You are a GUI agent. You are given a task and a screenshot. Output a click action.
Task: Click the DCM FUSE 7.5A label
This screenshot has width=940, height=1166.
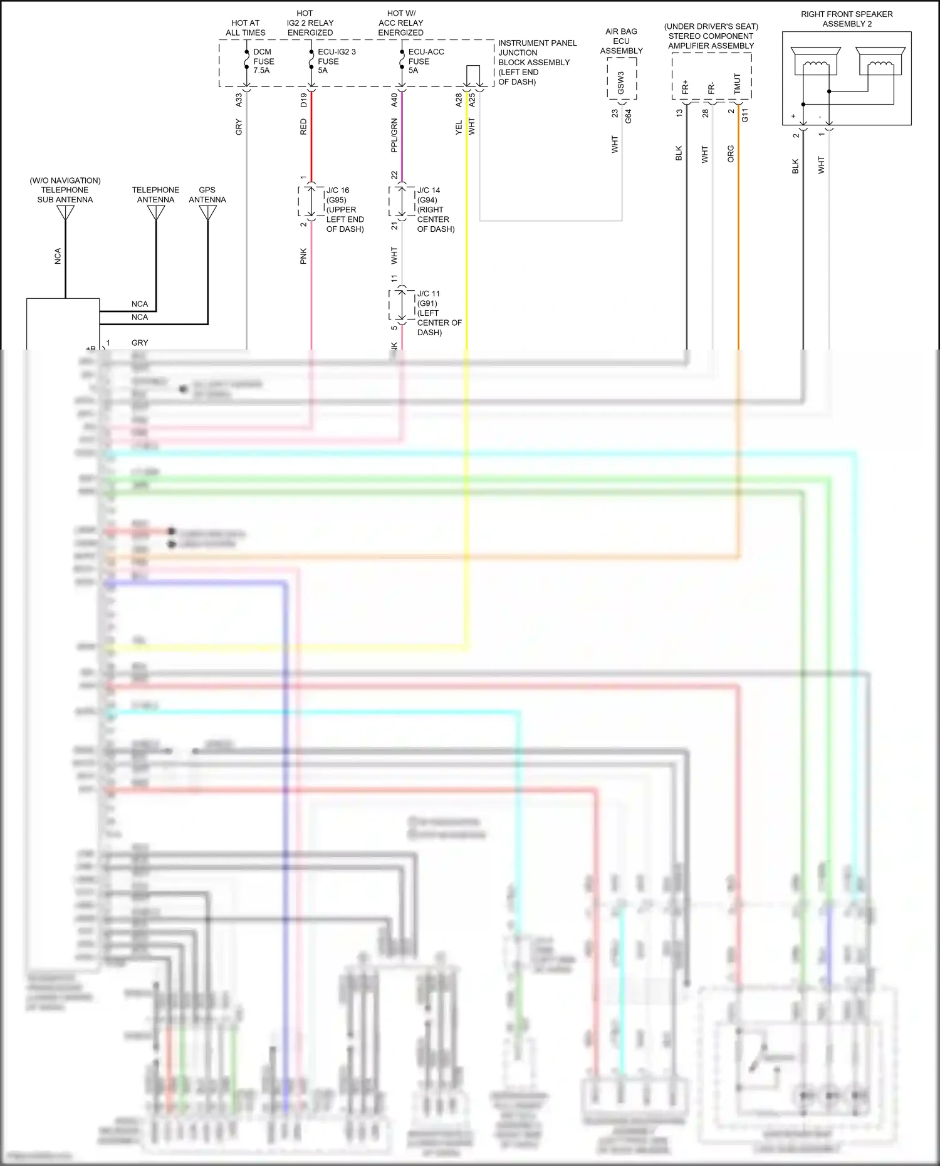pyautogui.click(x=263, y=61)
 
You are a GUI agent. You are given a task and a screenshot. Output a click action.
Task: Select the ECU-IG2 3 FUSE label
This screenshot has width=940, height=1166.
pyautogui.click(x=336, y=61)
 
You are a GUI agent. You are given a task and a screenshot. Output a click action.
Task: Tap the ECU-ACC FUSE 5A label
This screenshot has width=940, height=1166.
pyautogui.click(x=426, y=61)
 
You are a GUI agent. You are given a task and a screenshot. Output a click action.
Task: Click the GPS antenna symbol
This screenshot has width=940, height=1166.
pyautogui.click(x=207, y=213)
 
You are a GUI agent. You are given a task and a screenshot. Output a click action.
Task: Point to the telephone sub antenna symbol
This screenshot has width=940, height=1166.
pyautogui.click(x=65, y=213)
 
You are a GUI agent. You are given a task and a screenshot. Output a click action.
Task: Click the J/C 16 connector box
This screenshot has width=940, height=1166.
pyautogui.click(x=311, y=201)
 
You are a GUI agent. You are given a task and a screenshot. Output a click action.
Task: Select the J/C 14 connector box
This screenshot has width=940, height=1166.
pyautogui.click(x=402, y=201)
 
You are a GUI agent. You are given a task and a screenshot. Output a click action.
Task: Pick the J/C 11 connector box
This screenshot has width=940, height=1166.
pyautogui.click(x=402, y=305)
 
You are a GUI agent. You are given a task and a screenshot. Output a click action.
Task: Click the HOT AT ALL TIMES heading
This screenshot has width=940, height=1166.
pyautogui.click(x=245, y=28)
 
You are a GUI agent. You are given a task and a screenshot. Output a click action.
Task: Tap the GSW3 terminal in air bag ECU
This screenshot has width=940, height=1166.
pyautogui.click(x=621, y=83)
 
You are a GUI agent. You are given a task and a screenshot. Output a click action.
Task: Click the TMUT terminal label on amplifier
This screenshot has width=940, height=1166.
pyautogui.click(x=738, y=84)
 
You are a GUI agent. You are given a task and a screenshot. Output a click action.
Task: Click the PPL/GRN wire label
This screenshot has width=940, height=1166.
pyautogui.click(x=394, y=136)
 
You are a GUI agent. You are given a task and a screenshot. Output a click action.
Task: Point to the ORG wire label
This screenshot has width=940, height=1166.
pyautogui.click(x=731, y=154)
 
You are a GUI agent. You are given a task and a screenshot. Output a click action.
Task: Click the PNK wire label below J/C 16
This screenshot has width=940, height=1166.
pyautogui.click(x=303, y=256)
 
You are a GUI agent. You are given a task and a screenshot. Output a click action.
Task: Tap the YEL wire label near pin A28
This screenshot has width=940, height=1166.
pyautogui.click(x=459, y=128)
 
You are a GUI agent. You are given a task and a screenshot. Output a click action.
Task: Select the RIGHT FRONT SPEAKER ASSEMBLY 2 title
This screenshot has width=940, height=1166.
pyautogui.click(x=846, y=19)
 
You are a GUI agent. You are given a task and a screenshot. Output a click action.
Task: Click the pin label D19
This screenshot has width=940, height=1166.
pyautogui.click(x=303, y=100)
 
